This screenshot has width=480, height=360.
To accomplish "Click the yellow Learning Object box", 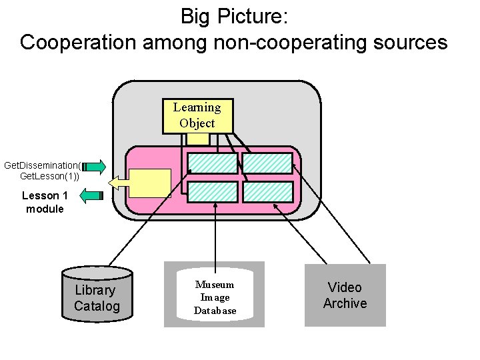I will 197,115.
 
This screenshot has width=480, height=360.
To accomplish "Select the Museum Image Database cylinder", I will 215,296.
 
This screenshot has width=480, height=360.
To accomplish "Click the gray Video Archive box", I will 345,295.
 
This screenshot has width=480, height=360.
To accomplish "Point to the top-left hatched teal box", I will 212,163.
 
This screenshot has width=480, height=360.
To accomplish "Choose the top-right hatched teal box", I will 267,163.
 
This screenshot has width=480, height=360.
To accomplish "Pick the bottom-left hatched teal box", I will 212,192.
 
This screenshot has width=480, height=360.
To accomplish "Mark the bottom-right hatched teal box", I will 267,192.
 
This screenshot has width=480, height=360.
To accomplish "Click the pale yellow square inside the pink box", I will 149,183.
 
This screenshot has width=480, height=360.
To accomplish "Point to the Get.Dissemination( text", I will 42,165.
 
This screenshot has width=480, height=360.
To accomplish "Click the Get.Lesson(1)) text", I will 49,176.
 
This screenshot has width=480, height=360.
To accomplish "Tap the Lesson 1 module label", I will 45,202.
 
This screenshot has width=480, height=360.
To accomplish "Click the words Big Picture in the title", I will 233,15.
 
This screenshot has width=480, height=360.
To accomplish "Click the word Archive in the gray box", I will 345,303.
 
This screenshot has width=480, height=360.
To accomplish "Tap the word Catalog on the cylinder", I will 97,307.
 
